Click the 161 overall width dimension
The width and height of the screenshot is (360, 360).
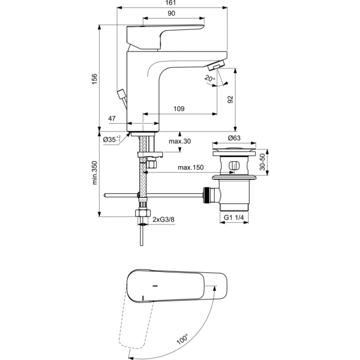(x=170, y=3)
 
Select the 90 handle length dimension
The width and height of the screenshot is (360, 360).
(x=171, y=14)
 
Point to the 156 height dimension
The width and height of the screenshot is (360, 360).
(x=95, y=79)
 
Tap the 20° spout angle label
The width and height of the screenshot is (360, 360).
(x=210, y=79)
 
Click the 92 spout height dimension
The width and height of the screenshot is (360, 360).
(x=230, y=100)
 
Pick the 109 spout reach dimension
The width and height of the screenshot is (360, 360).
(x=179, y=109)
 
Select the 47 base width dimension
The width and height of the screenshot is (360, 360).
(x=112, y=118)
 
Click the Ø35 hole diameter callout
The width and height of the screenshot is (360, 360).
(x=112, y=139)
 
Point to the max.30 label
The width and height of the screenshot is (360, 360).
(x=180, y=141)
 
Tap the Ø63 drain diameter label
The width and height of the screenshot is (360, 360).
(x=234, y=138)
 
